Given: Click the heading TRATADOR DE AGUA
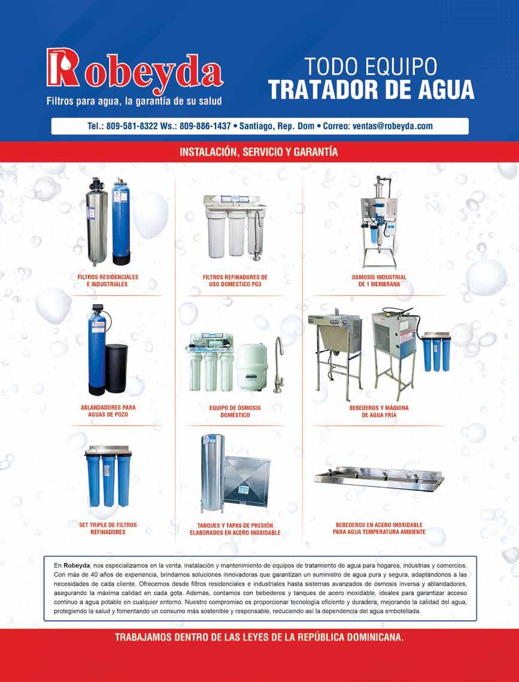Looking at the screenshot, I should tap(371, 89).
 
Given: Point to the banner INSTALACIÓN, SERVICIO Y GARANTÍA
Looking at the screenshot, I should tap(259, 152).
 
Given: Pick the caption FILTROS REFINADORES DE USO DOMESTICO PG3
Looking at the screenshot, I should tap(235, 281).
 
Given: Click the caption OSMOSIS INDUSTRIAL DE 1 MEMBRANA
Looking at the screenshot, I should tap(378, 281).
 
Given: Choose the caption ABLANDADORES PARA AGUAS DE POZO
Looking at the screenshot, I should tap(108, 411).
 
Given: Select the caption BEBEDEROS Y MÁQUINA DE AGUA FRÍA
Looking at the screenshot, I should tap(378, 411).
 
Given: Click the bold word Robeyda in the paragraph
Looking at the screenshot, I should tap(76, 565).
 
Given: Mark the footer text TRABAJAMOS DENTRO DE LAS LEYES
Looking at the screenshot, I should tap(259, 638).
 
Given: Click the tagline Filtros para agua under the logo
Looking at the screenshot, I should tap(134, 102).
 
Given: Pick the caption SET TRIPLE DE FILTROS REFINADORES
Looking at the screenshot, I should tap(108, 528).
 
